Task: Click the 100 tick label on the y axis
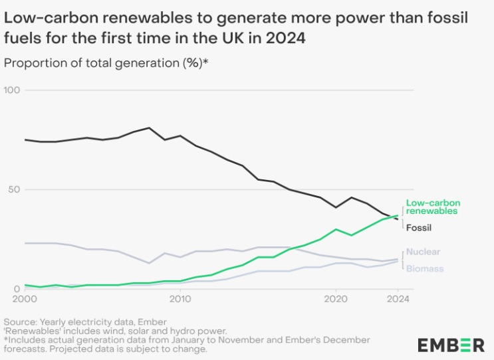coord(13,90)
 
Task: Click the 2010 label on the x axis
coord(180,300)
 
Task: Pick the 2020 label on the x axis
coord(335,300)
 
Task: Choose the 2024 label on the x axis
coord(398,300)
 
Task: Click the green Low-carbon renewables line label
coord(433,207)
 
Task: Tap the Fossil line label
coord(419,228)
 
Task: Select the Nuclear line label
coord(423,252)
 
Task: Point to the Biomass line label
coord(424,268)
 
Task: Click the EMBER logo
coord(451,345)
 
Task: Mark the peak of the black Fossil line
coord(149,128)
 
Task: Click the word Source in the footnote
coord(21,322)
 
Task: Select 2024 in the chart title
coord(287,39)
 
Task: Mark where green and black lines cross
coord(393,216)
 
